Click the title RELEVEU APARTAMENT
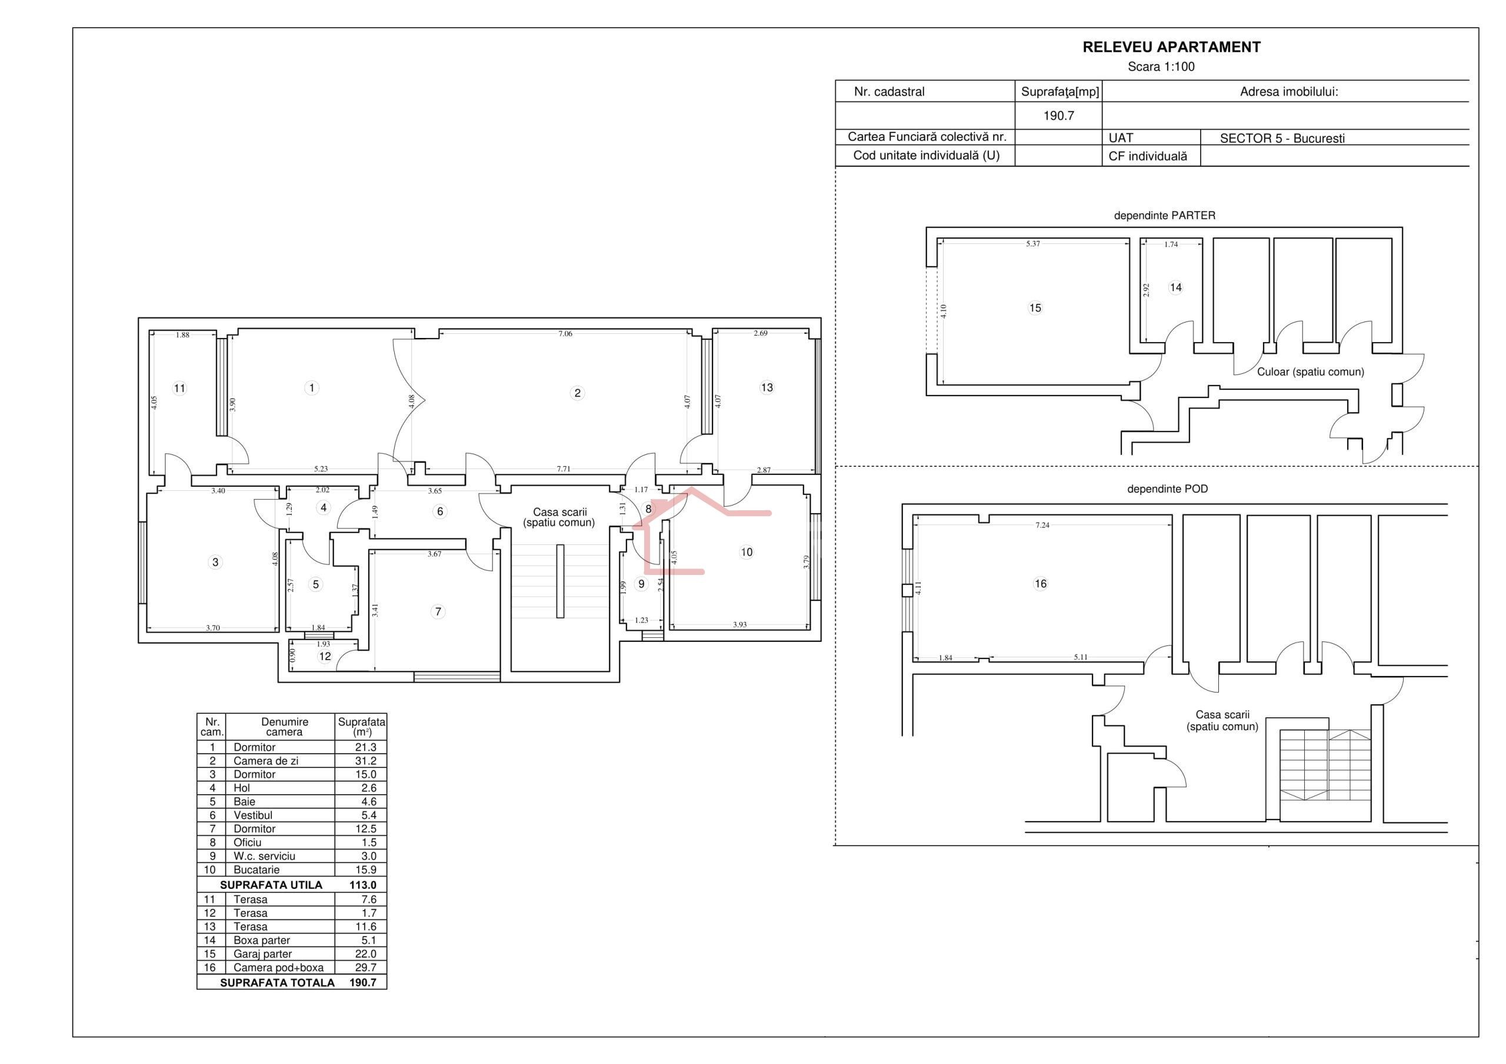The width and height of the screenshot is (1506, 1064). click(x=1171, y=47)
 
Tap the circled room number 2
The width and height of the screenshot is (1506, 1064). click(x=577, y=393)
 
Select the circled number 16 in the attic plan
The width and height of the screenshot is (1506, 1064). click(x=1040, y=584)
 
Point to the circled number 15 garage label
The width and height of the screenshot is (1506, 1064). click(x=1035, y=308)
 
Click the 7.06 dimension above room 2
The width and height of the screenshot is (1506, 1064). click(x=565, y=334)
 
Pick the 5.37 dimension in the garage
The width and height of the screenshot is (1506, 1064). click(x=1033, y=244)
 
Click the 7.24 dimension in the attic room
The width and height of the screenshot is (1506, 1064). click(x=1042, y=525)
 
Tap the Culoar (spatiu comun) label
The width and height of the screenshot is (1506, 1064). click(x=1311, y=372)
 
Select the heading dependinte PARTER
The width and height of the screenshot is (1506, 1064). click(x=1164, y=216)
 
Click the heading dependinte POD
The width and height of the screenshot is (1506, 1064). click(x=1167, y=489)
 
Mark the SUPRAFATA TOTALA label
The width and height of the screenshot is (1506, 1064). click(x=278, y=983)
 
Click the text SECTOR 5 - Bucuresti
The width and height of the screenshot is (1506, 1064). click(x=1282, y=139)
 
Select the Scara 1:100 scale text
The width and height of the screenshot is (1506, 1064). click(x=1161, y=67)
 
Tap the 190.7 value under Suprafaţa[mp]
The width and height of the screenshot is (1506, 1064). click(x=1059, y=116)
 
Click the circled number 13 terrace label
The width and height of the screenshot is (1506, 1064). click(x=767, y=388)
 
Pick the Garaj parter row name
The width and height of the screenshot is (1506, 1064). click(x=262, y=955)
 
